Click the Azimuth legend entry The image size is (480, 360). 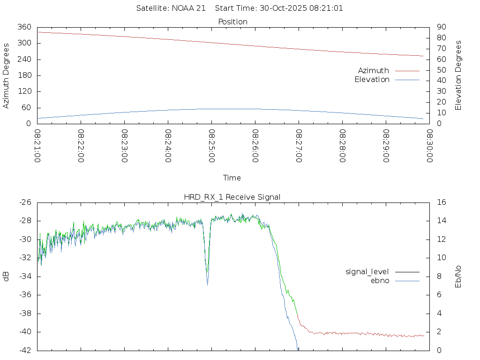tap(374, 71)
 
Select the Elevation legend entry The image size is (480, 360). tap(372, 80)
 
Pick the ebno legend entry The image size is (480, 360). tap(380, 281)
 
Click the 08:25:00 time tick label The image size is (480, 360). tap(212, 146)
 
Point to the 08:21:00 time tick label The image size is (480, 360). tap(38, 146)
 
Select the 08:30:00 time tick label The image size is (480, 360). tap(429, 146)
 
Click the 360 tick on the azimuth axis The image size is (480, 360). tap(24, 27)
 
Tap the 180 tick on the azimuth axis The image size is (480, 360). tap(24, 75)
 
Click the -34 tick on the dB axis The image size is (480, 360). tap(24, 277)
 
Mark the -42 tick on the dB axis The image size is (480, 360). tap(24, 350)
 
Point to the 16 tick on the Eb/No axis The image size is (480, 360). tap(441, 202)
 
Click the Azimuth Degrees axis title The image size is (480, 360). tap(7, 75)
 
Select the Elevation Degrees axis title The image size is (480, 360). tap(459, 75)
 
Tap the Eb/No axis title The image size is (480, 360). tap(459, 276)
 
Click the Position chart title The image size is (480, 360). tap(233, 22)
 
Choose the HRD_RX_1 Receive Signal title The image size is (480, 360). tap(232, 197)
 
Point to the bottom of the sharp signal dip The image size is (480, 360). tap(208, 284)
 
